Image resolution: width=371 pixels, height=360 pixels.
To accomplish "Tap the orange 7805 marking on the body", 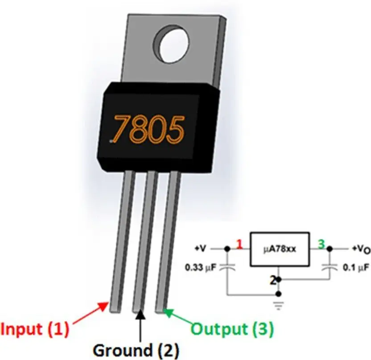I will pyautogui.click(x=148, y=129).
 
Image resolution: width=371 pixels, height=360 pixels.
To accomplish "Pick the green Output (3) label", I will pyautogui.click(x=232, y=329).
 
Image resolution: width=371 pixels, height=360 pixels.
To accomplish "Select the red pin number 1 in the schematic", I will pyautogui.click(x=240, y=244).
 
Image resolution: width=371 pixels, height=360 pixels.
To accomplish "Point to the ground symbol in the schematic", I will pyautogui.click(x=279, y=305).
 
